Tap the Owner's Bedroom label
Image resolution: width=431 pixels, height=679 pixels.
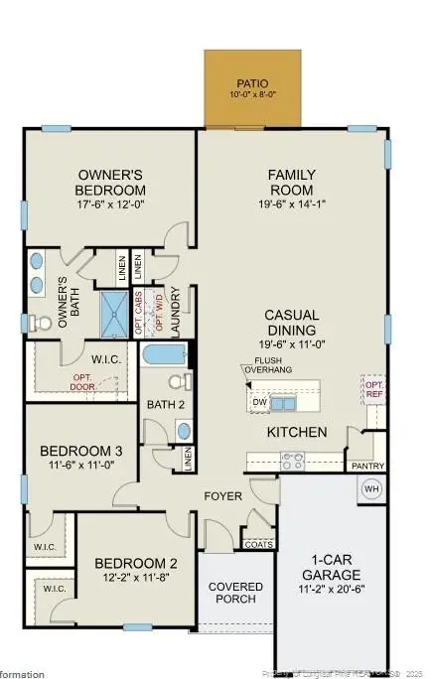tap(111, 183)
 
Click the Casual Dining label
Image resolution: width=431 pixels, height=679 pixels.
tap(291, 323)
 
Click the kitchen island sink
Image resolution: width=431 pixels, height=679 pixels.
tap(283, 402)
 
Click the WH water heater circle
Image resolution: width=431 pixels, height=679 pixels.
tap(371, 489)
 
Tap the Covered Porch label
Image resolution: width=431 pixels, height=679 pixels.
tap(235, 593)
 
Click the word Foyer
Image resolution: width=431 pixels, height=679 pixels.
tap(223, 495)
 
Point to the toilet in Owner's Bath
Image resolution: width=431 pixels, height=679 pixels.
tap(41, 323)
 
